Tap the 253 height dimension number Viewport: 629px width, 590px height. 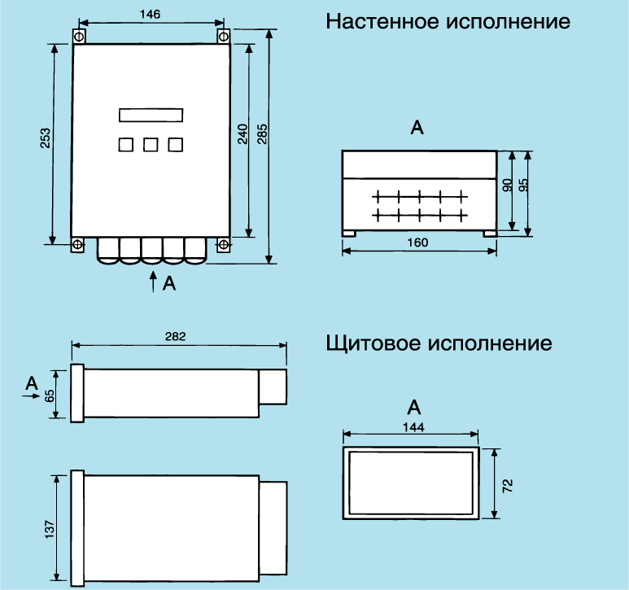point(46,138)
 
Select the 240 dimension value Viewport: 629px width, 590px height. point(242,134)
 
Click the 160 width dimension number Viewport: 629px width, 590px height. point(417,242)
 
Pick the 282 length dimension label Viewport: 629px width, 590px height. point(176,336)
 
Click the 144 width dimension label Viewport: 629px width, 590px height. point(414,426)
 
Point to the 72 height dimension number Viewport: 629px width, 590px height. point(508,486)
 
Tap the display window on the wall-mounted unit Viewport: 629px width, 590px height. point(151,115)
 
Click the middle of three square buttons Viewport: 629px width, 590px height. point(151,145)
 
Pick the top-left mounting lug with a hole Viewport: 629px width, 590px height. point(78,37)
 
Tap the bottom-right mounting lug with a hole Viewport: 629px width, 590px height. point(222,244)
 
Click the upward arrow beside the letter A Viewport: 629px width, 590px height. point(151,282)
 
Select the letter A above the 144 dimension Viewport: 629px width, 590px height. point(414,406)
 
